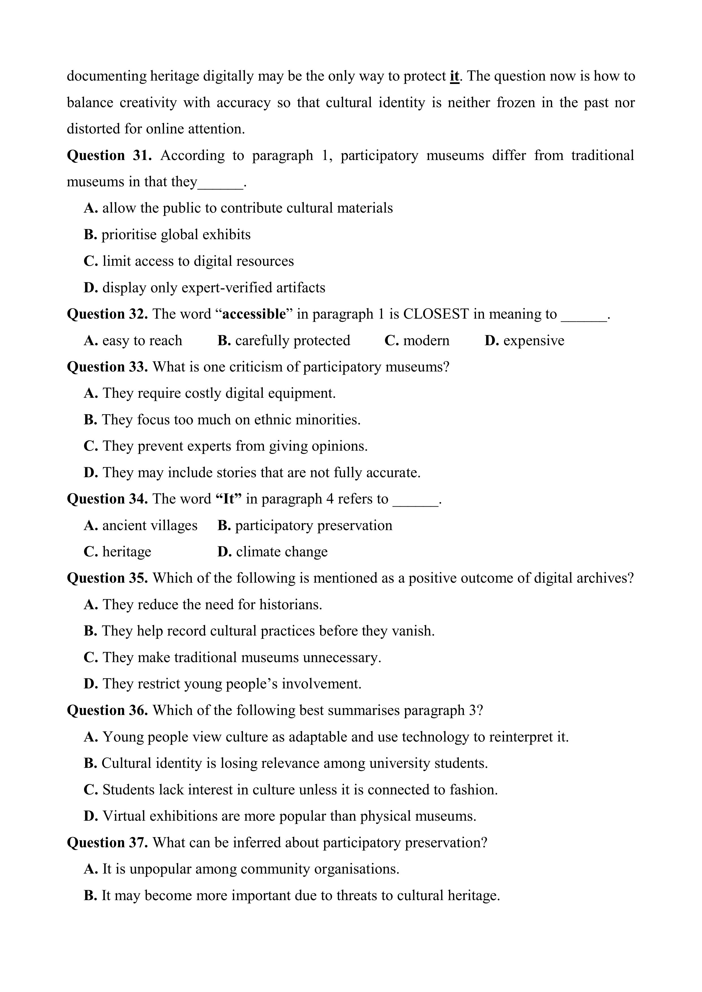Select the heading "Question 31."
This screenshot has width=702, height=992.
click(109, 155)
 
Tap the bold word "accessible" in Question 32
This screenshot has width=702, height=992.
click(254, 314)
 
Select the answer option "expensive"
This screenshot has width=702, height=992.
click(533, 340)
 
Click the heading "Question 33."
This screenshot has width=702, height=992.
click(107, 367)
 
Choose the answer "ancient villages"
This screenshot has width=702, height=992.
click(150, 525)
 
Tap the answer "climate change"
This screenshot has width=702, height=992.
click(281, 552)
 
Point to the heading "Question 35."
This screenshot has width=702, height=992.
click(107, 578)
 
